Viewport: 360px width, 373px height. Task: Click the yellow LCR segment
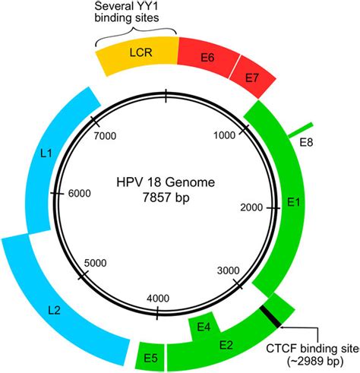[x=137, y=58]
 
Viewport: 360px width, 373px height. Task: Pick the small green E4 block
[x=204, y=327]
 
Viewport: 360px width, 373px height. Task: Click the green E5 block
[x=150, y=356]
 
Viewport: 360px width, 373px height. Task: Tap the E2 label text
[x=226, y=345]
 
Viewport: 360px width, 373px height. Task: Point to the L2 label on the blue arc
[x=54, y=311]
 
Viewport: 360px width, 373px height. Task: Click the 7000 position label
[x=104, y=136]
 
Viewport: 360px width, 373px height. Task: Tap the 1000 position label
[x=228, y=136]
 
